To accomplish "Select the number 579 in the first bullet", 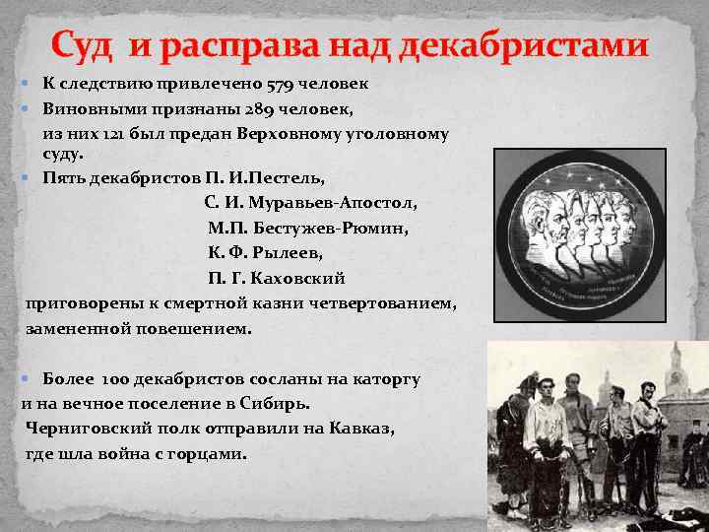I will coord(269,84).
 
